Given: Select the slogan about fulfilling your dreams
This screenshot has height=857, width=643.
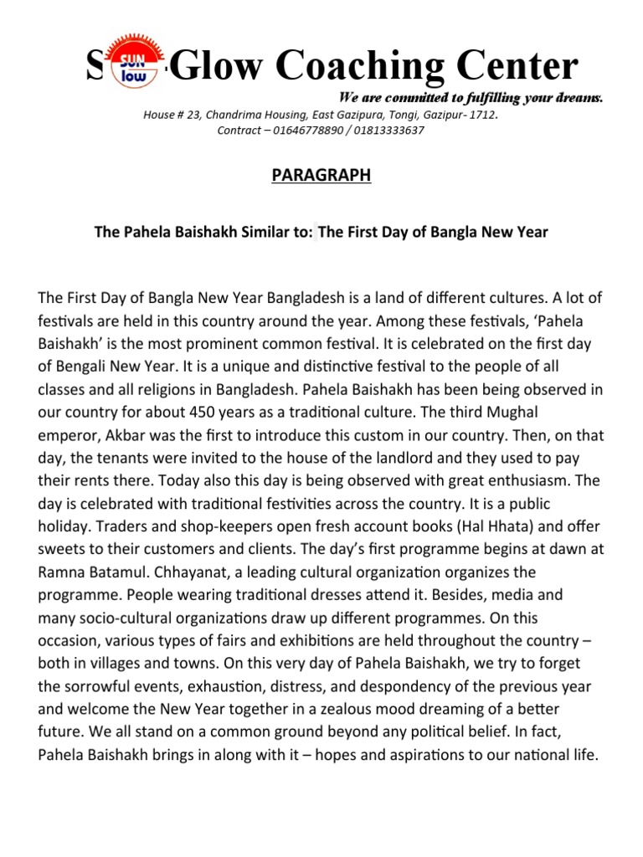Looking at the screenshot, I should (470, 99).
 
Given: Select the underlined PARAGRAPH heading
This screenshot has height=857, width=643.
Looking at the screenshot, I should (321, 176).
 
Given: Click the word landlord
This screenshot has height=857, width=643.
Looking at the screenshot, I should (377, 458).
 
